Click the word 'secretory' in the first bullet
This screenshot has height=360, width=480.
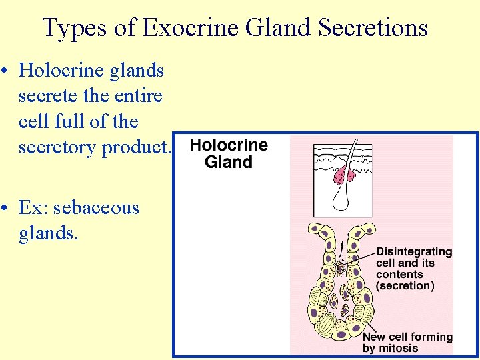pyautogui.click(x=57, y=147)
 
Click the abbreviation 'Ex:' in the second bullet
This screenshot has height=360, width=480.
pyautogui.click(x=33, y=208)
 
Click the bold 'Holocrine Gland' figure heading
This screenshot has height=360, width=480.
pyautogui.click(x=228, y=153)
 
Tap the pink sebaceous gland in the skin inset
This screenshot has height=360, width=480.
pyautogui.click(x=345, y=176)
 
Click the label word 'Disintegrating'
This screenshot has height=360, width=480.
pyautogui.click(x=414, y=252)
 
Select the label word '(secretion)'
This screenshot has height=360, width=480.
pyautogui.click(x=405, y=286)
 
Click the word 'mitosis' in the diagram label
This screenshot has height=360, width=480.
pyautogui.click(x=400, y=348)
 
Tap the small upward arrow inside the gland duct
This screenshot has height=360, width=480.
pyautogui.click(x=341, y=248)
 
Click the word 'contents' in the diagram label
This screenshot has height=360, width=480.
pyautogui.click(x=399, y=275)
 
